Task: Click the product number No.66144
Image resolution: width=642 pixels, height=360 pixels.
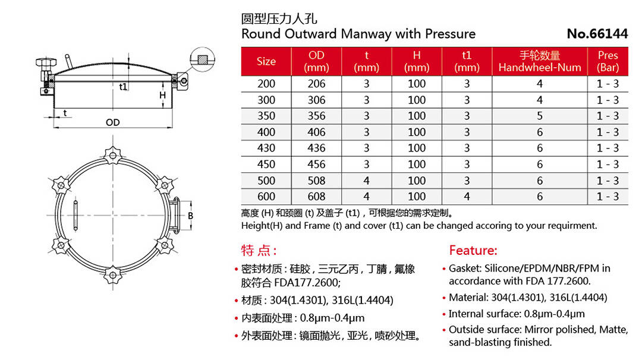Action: point(597,34)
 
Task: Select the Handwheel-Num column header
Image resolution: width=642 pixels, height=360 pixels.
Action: point(540,62)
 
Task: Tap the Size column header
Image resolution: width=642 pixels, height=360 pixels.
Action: point(266,62)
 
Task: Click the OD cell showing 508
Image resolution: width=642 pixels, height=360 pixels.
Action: point(316,181)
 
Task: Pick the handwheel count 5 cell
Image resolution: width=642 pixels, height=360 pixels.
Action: point(540,116)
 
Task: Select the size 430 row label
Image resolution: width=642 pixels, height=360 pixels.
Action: point(266,148)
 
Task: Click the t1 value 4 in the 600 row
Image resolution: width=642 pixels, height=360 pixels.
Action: point(467,197)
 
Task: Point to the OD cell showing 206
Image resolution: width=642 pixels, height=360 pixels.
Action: point(316,84)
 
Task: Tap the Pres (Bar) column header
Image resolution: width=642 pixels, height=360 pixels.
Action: point(608,62)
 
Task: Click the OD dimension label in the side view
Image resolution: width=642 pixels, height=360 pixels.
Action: point(112,122)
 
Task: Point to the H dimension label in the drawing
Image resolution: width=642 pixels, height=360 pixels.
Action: point(162,95)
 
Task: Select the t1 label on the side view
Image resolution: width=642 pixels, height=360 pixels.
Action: point(123,87)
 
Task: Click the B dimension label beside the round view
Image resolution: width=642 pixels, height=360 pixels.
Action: point(191,216)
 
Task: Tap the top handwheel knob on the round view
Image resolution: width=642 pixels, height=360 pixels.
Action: point(111,155)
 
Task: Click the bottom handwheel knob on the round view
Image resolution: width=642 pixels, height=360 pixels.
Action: point(111,274)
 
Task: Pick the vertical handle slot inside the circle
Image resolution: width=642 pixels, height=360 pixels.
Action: point(75,215)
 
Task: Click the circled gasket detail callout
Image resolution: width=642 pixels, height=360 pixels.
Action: point(202,59)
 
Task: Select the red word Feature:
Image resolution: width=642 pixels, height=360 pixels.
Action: point(473,250)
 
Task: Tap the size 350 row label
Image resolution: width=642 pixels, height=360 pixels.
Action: point(266,116)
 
